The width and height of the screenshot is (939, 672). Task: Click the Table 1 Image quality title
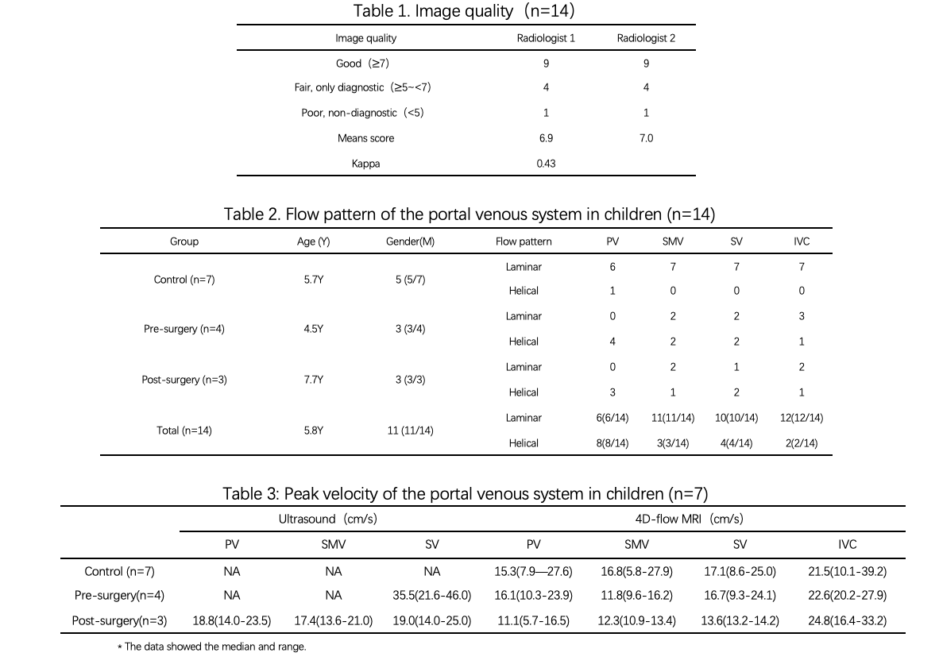pyautogui.click(x=466, y=12)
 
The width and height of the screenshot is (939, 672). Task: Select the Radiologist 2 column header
pyautogui.click(x=646, y=38)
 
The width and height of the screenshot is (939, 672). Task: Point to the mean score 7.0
pyautogui.click(x=646, y=138)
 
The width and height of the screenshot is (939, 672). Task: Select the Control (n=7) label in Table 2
pyautogui.click(x=184, y=280)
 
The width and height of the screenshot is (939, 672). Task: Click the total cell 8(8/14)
pyautogui.click(x=612, y=443)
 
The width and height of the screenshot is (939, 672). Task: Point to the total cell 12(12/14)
pyautogui.click(x=802, y=418)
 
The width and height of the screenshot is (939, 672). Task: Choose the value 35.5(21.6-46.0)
pyautogui.click(x=437, y=595)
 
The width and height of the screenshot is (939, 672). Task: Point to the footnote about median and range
pyautogui.click(x=211, y=647)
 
